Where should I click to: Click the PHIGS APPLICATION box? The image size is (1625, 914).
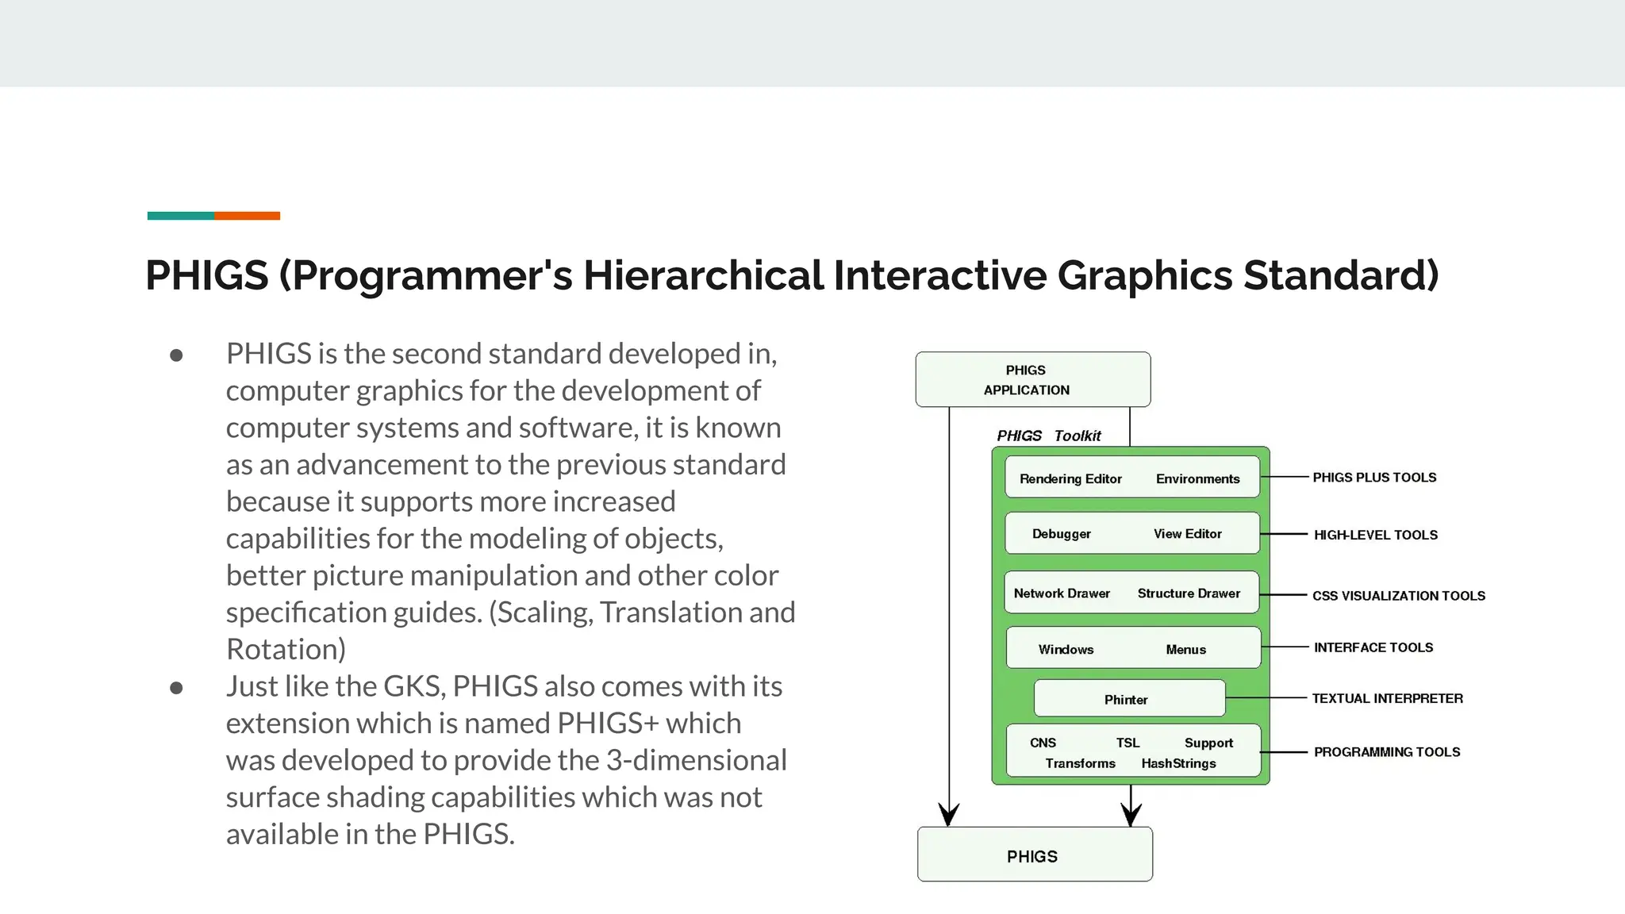pos(1032,379)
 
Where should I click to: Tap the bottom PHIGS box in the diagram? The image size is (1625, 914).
pos(1034,854)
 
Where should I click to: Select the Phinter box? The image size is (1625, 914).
pos(1128,699)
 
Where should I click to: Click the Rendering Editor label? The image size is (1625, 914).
pos(1070,478)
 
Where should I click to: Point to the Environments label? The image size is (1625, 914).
pos(1197,478)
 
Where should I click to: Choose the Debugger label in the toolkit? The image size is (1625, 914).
pos(1061,534)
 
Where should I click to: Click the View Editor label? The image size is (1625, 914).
pos(1187,534)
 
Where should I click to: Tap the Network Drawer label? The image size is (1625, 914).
pos(1062,593)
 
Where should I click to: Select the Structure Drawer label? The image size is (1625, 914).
pos(1189,593)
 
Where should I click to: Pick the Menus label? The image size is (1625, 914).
pos(1185,650)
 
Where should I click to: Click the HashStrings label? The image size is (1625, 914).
pos(1178,763)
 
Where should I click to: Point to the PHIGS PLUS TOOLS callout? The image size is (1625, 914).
pos(1374,478)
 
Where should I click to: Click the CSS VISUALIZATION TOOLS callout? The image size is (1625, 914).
pos(1398,596)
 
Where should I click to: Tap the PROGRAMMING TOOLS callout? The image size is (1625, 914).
pos(1387,752)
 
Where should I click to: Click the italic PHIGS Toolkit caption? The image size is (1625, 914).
pos(1048,436)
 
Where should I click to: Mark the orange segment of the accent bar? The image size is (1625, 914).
pos(247,216)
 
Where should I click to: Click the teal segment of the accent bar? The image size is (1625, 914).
pos(180,216)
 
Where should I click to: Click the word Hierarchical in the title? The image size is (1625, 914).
pos(703,275)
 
